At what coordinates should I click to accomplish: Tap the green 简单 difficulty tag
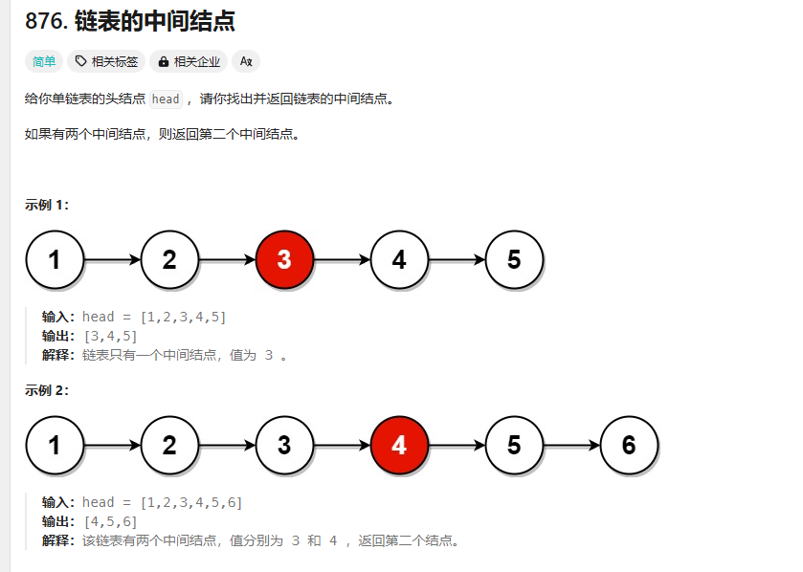point(44,61)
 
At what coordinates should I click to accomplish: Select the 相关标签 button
point(106,61)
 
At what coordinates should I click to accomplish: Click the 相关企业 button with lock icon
point(189,61)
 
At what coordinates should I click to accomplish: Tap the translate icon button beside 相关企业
point(246,61)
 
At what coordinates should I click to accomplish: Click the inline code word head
point(166,99)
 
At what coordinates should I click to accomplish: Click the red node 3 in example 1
point(284,259)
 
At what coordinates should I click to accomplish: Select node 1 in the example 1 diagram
point(55,259)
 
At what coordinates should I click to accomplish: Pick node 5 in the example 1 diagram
point(514,259)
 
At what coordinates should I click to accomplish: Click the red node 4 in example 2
point(399,445)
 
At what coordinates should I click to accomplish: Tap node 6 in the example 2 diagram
point(629,445)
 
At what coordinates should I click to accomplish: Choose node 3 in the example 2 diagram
point(284,445)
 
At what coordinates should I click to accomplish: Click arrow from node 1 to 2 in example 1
point(112,259)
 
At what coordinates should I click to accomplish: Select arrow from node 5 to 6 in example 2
point(571,445)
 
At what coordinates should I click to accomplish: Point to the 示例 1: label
point(47,205)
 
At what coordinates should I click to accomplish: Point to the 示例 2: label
point(47,390)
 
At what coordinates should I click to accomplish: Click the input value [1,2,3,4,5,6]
point(190,502)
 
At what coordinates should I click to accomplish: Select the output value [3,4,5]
point(110,336)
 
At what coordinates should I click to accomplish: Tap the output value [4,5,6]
point(110,521)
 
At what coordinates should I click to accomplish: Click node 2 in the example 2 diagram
point(169,445)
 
